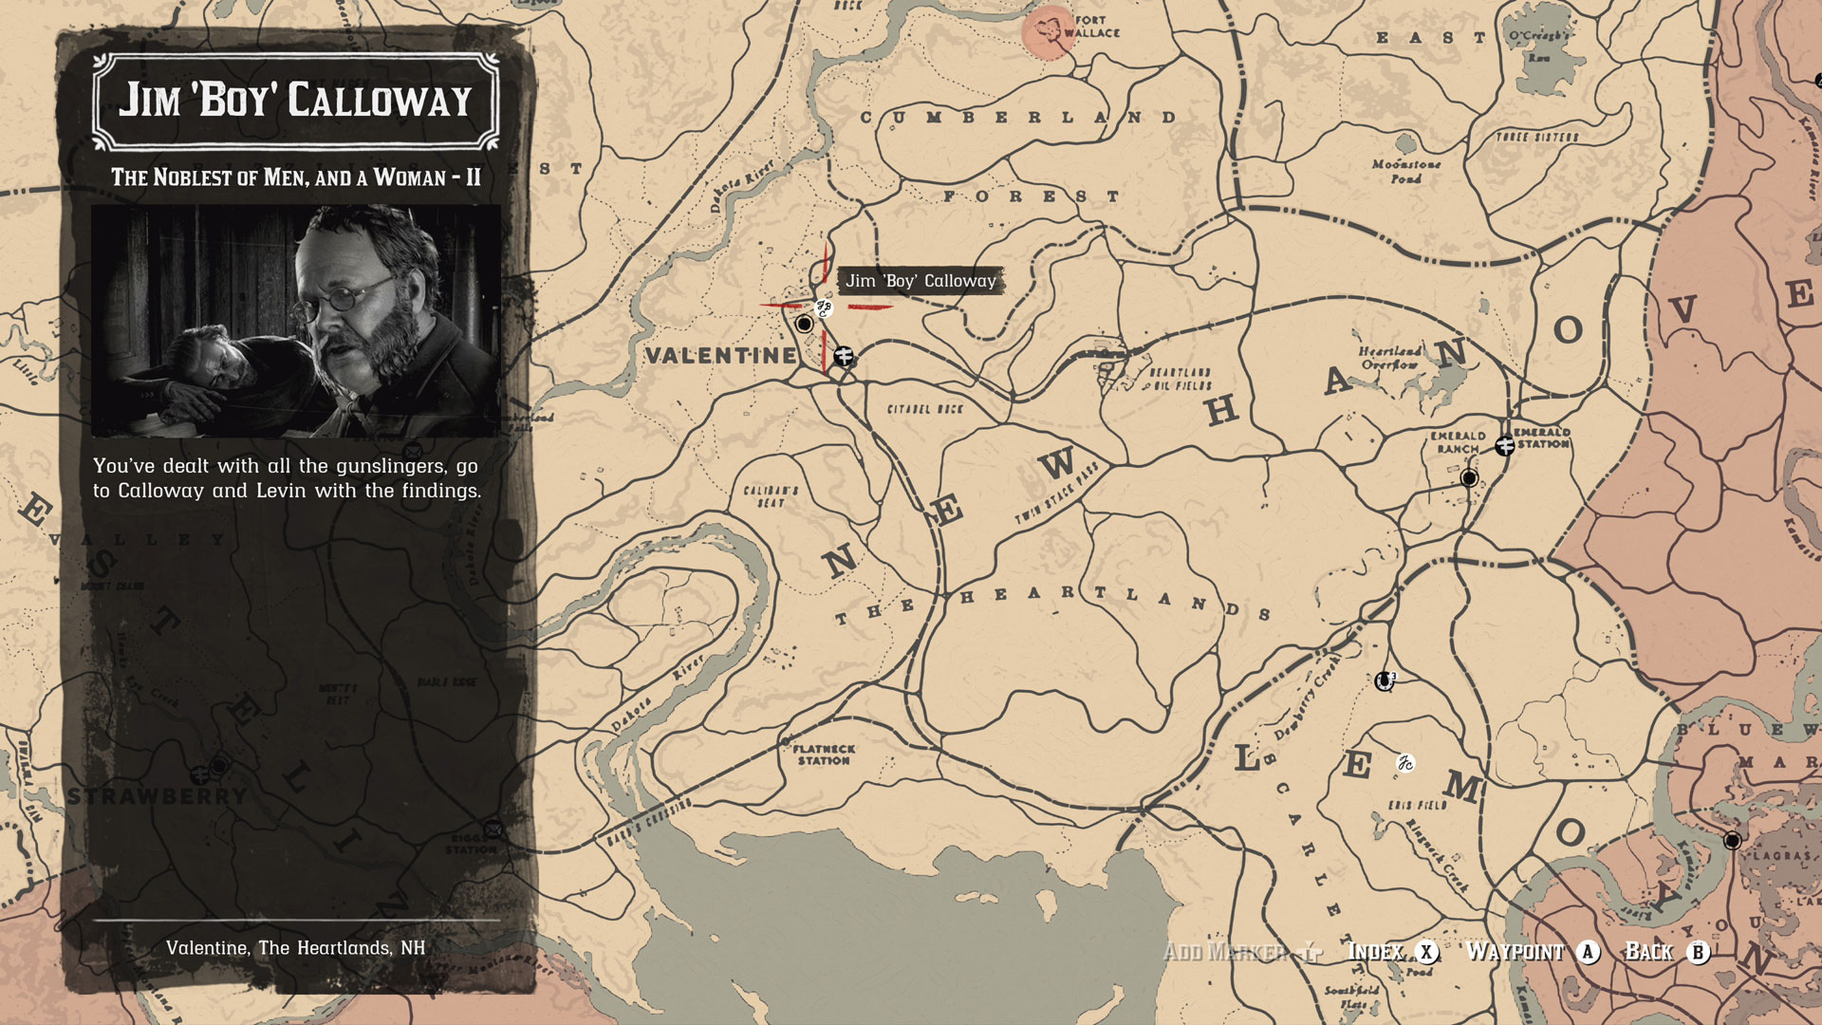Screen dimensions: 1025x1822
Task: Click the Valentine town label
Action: coord(721,356)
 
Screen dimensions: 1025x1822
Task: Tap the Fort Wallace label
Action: coord(1091,27)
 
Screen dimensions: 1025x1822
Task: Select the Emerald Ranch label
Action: coord(1458,442)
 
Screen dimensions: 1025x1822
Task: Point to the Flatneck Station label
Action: coord(824,755)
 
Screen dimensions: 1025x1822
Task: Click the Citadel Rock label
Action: coord(924,409)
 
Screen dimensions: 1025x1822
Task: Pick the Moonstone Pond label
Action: coord(1405,171)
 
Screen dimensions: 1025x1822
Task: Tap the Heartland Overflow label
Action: coord(1389,358)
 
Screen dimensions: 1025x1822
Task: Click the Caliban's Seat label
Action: coord(771,496)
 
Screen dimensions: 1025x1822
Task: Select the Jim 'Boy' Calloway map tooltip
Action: coord(920,281)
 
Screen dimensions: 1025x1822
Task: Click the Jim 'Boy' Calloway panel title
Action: coord(295,101)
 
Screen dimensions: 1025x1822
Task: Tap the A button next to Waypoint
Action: coord(1588,952)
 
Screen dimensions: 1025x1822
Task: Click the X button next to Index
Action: coord(1425,952)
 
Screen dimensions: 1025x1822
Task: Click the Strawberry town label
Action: coord(158,795)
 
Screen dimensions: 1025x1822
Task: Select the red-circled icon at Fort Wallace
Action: coord(1048,31)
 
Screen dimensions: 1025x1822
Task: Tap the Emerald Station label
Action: coord(1543,438)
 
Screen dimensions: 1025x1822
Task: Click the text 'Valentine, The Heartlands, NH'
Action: coord(295,948)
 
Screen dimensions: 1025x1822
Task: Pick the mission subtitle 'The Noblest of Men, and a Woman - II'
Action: coord(295,177)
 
